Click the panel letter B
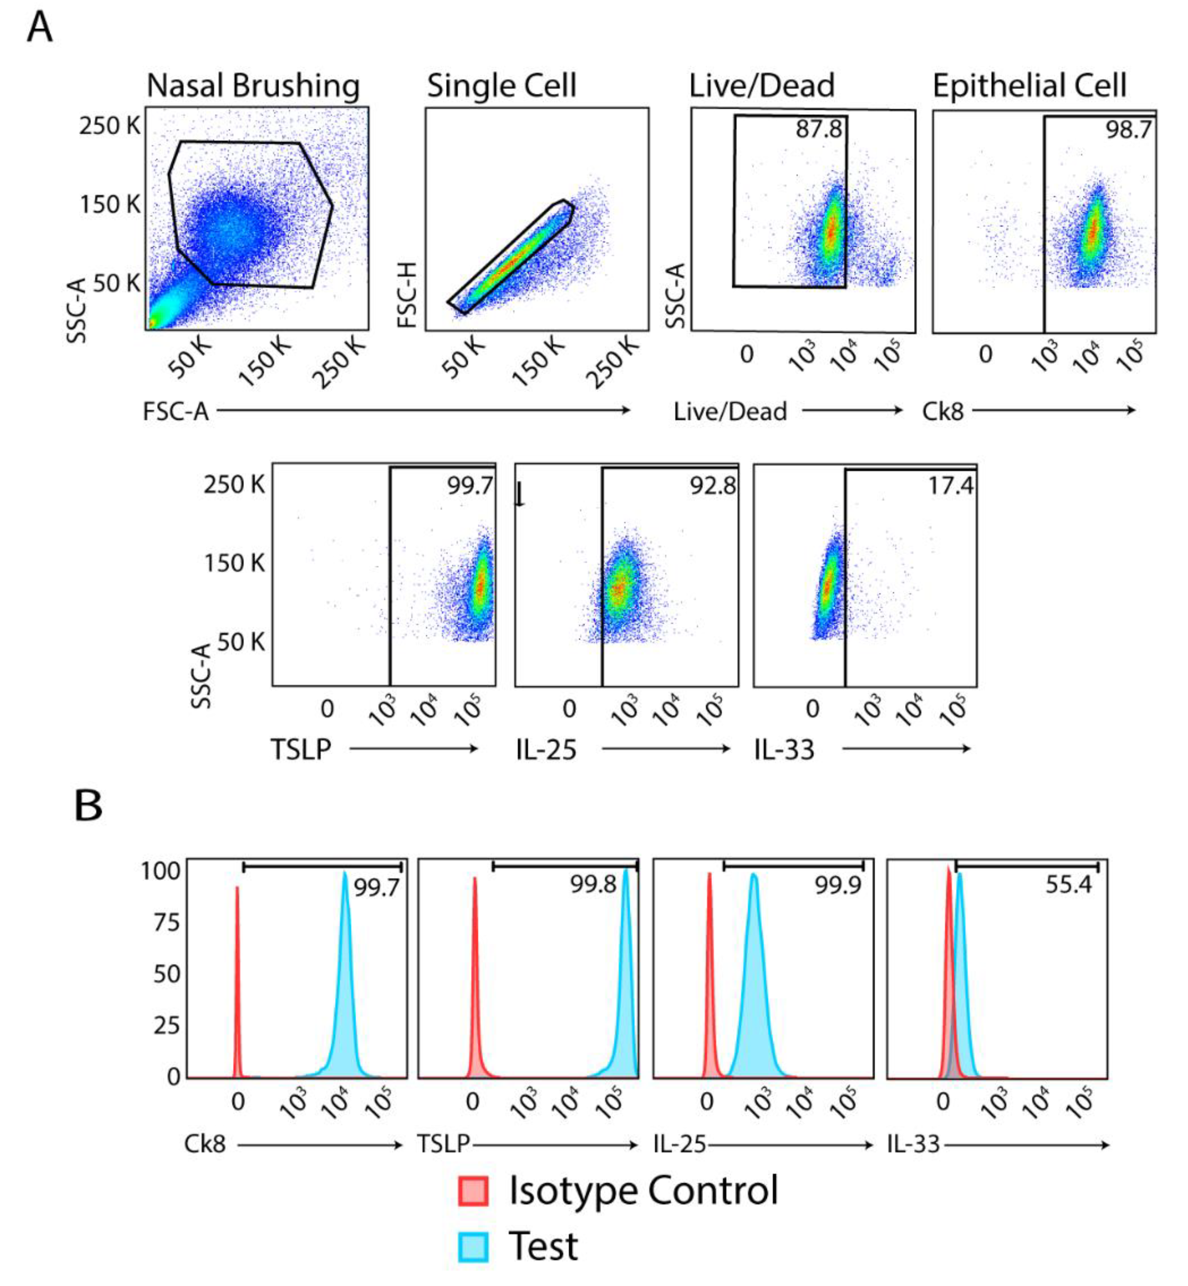[x=88, y=806]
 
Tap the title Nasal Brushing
[x=253, y=86]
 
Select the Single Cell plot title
[x=502, y=86]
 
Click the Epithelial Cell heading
[x=1029, y=86]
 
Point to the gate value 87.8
[x=818, y=129]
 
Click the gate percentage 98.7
[x=1128, y=131]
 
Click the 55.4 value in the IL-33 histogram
[x=1068, y=885]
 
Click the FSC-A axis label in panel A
[x=175, y=411]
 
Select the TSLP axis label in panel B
[x=443, y=1145]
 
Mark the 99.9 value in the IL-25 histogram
[x=838, y=885]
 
